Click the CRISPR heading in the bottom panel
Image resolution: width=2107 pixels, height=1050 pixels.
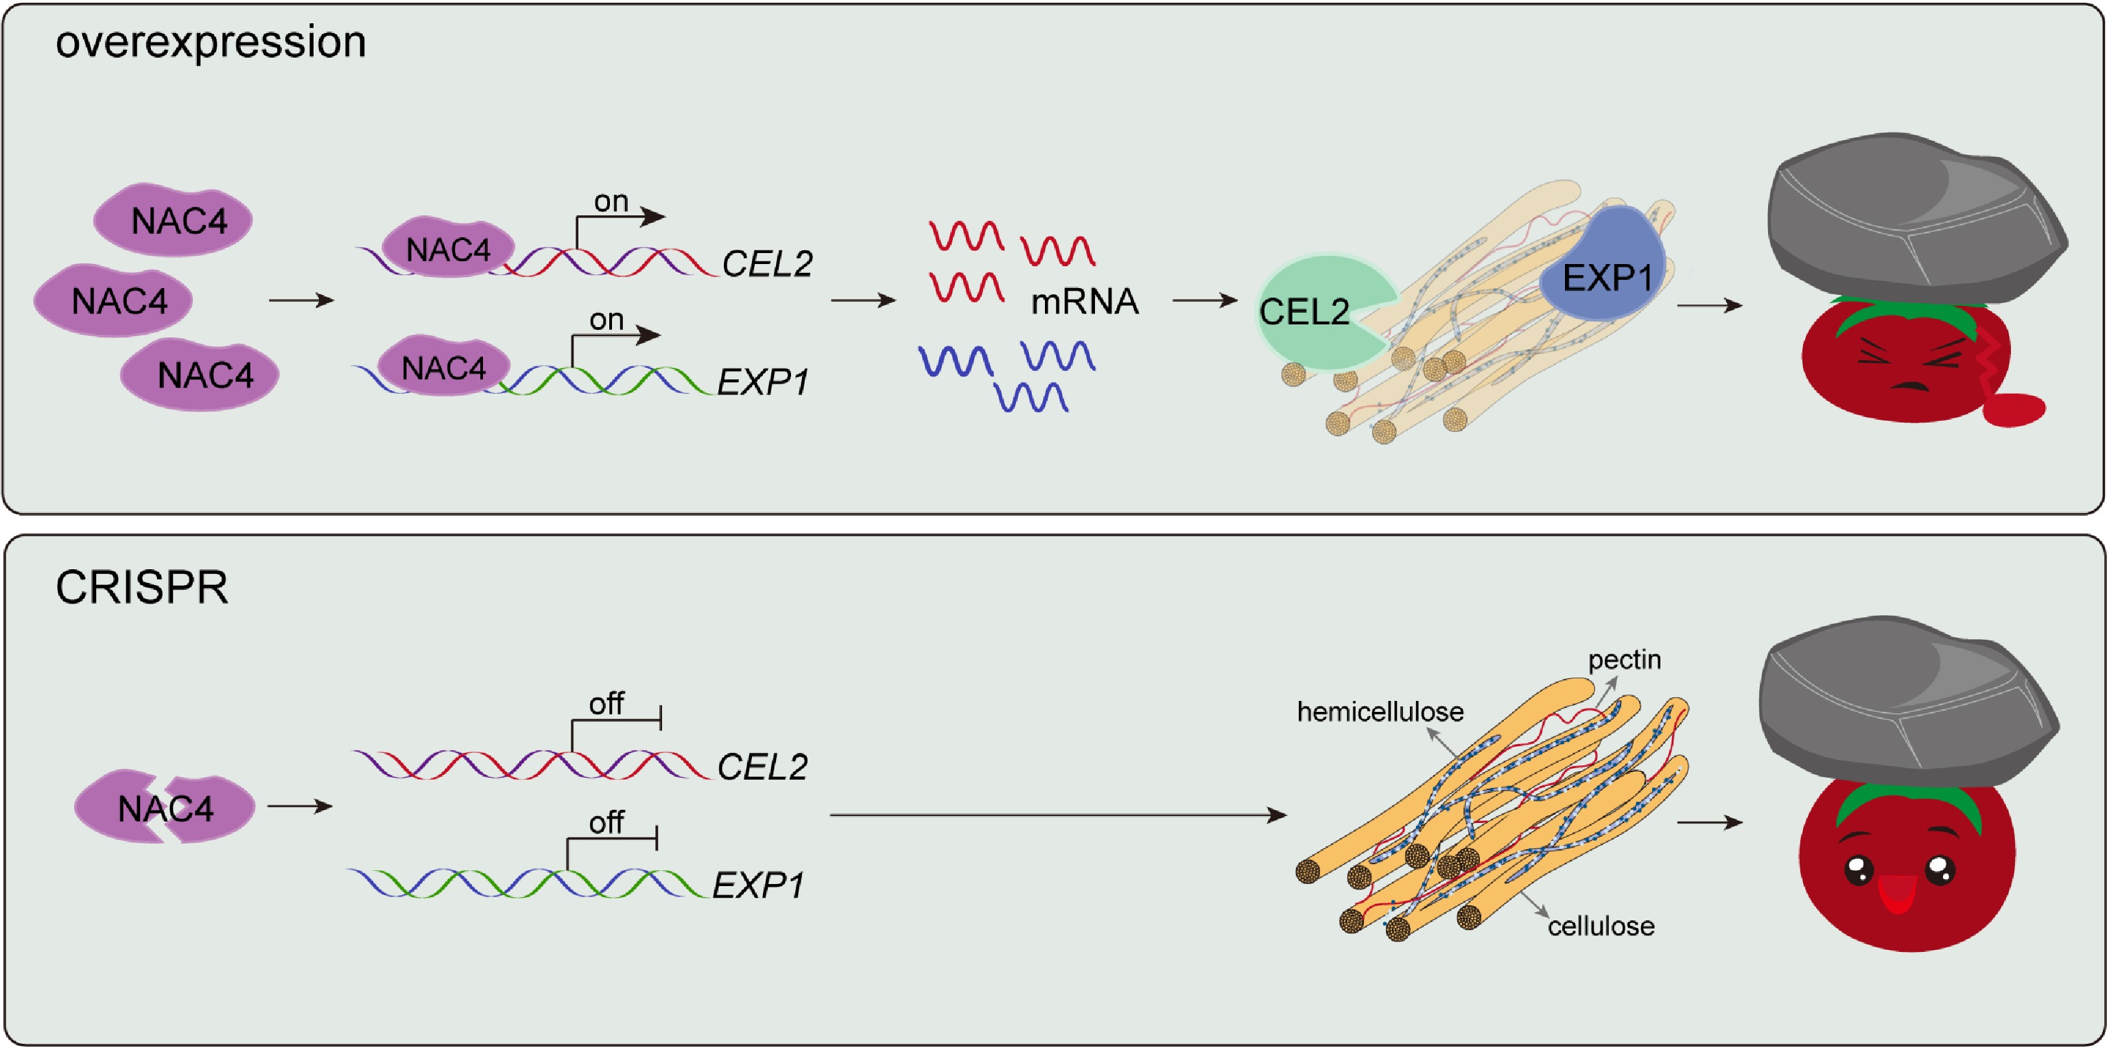point(141,587)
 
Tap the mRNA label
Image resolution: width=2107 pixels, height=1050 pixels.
point(1084,302)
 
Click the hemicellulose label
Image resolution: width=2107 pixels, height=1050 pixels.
point(1380,711)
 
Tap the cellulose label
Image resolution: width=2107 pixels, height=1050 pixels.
point(1601,926)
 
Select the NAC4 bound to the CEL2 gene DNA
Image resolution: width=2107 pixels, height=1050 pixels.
point(447,248)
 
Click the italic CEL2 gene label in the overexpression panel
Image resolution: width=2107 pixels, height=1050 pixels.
point(766,263)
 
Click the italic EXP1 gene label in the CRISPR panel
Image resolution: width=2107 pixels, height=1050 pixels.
point(757,885)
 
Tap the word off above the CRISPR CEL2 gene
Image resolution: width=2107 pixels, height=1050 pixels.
point(606,703)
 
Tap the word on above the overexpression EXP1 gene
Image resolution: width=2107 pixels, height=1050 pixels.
point(606,320)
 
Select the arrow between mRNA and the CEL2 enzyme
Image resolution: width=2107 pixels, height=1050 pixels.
point(1204,300)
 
